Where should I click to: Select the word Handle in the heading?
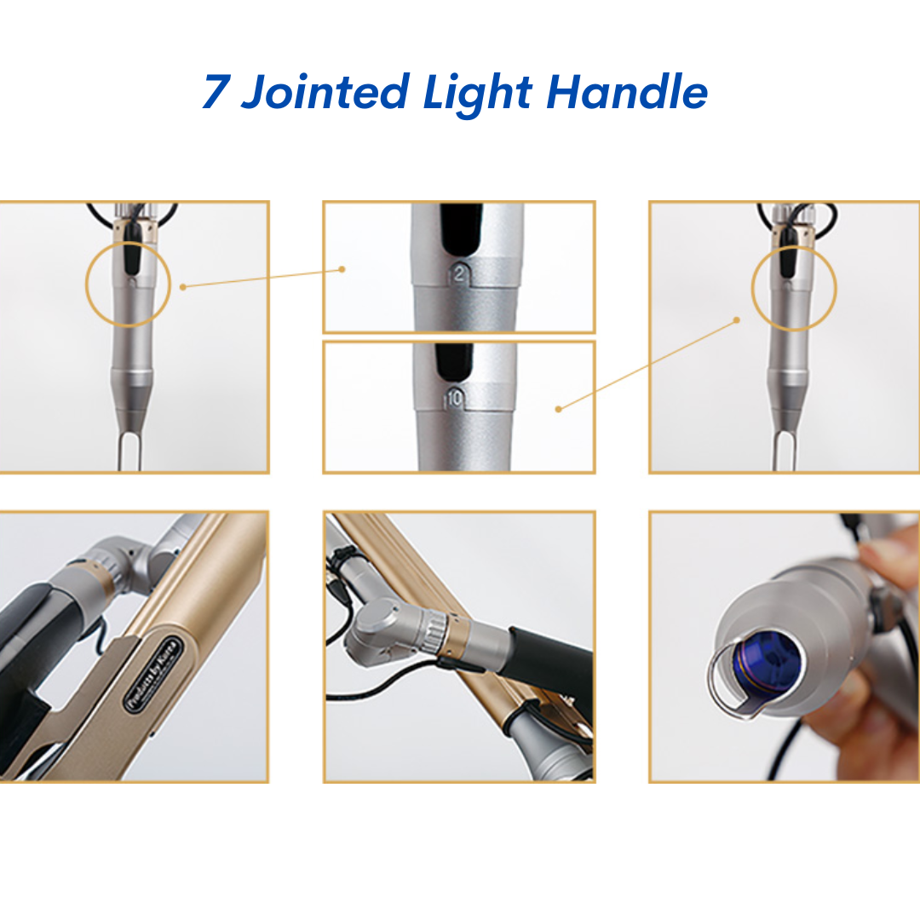click(626, 92)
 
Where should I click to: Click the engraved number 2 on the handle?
click(460, 273)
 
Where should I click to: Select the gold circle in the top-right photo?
click(794, 289)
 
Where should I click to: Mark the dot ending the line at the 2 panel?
click(342, 269)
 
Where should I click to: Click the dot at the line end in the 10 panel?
click(558, 409)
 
